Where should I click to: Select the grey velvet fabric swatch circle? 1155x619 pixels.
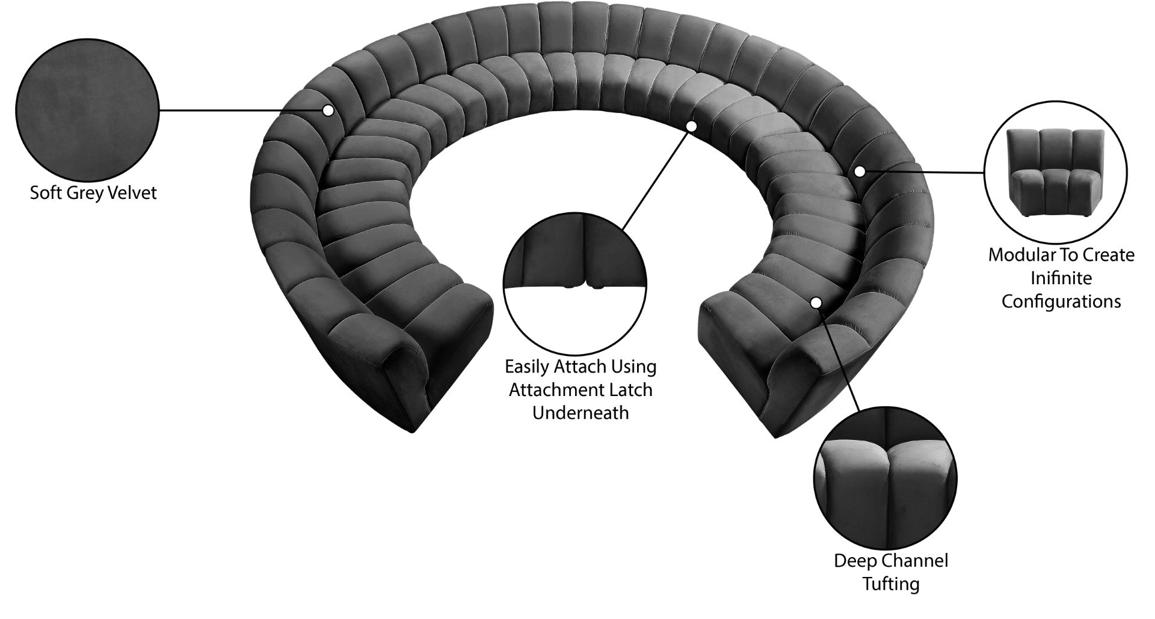coord(87,111)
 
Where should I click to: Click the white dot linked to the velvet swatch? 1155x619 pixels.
coord(328,111)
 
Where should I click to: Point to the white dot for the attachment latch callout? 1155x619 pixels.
coord(691,126)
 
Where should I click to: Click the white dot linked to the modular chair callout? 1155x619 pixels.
coord(860,171)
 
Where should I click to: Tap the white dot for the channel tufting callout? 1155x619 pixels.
coord(816,303)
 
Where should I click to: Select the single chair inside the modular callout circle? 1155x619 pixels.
coord(1055,173)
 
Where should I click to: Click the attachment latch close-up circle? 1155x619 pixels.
coord(575,285)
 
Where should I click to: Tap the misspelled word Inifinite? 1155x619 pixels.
coord(1061,278)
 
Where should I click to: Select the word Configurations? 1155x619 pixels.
coord(1061,301)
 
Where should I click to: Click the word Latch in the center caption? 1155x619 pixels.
coord(632,389)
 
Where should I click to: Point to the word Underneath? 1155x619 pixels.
coord(581,413)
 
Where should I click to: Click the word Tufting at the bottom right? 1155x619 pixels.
coord(891,584)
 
